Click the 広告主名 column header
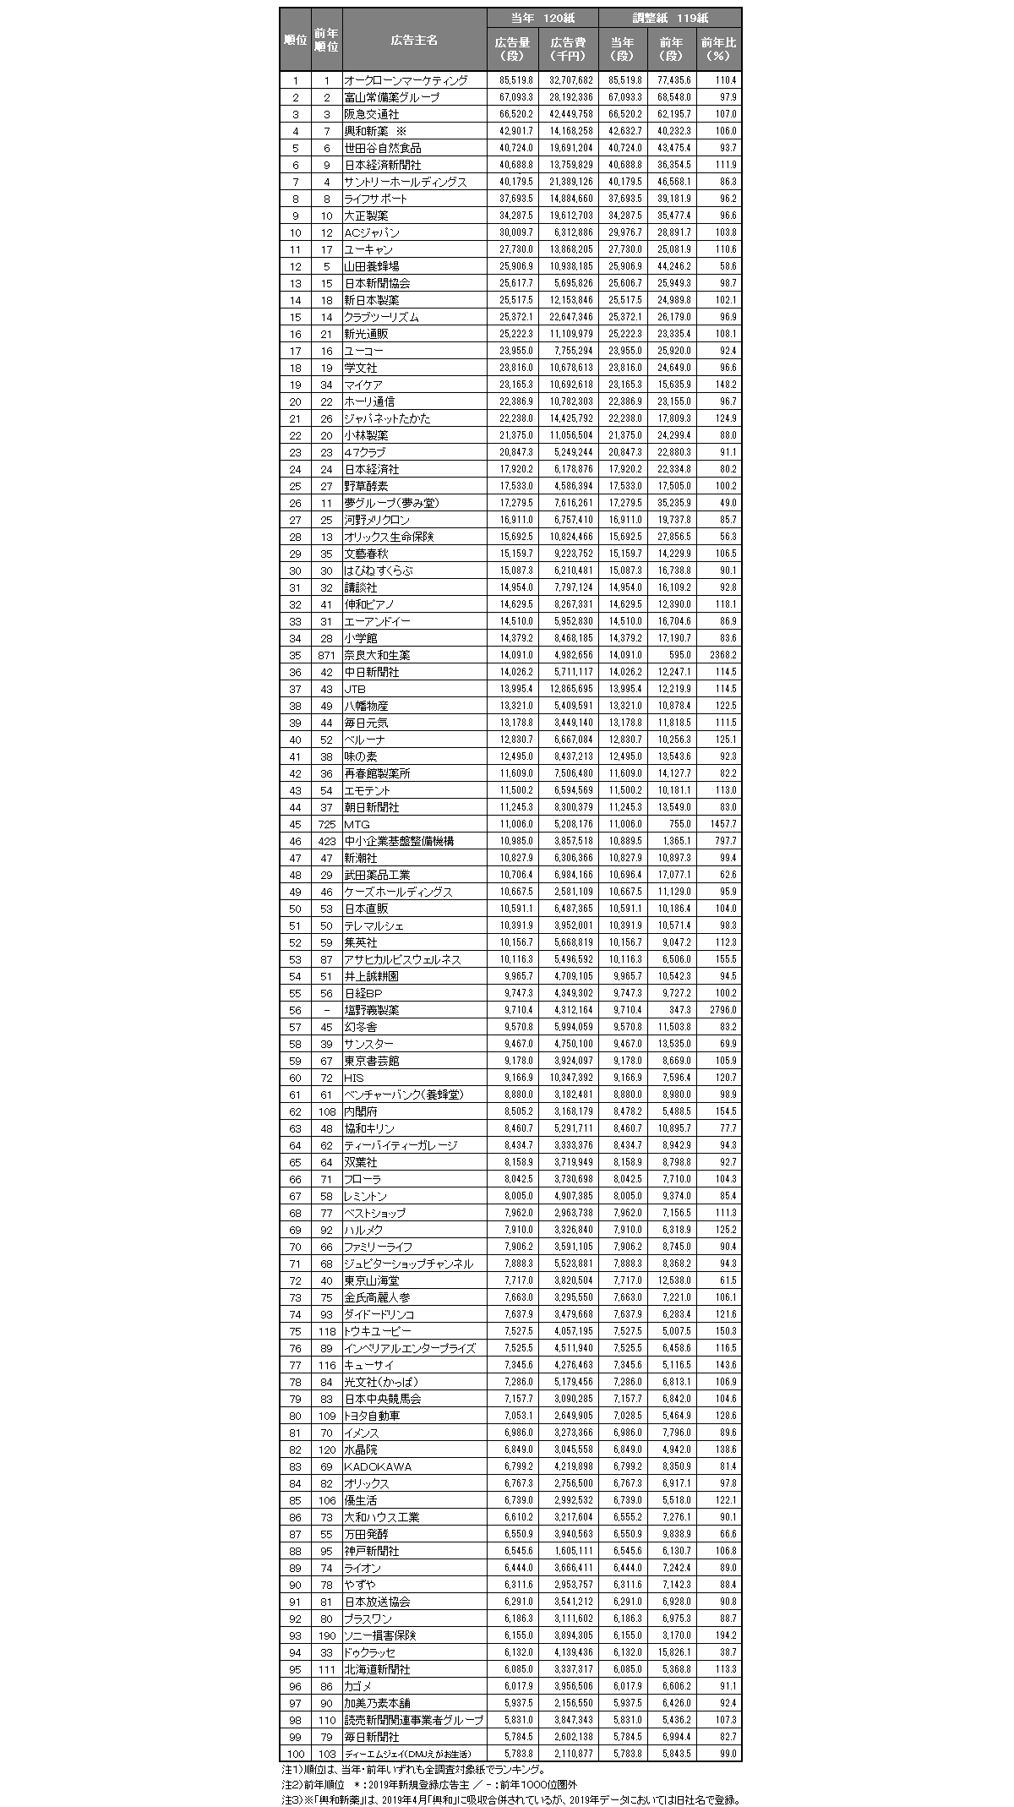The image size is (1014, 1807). pyautogui.click(x=413, y=40)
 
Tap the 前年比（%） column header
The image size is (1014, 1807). pyautogui.click(x=718, y=49)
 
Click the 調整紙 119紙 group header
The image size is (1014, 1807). pyautogui.click(x=670, y=18)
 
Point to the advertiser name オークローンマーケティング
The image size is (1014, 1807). pyautogui.click(x=406, y=80)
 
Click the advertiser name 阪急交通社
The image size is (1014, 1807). pyautogui.click(x=371, y=114)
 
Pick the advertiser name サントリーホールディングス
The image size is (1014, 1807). pyautogui.click(x=405, y=182)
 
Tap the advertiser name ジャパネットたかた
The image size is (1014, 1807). pyautogui.click(x=387, y=418)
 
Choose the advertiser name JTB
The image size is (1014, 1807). pyautogui.click(x=355, y=689)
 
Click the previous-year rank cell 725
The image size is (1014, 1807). pyautogui.click(x=326, y=824)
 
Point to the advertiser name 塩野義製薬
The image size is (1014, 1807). pyautogui.click(x=371, y=1010)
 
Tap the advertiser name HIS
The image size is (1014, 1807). pyautogui.click(x=354, y=1078)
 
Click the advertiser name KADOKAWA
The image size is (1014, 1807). pyautogui.click(x=378, y=1466)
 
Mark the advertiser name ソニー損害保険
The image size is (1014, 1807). pyautogui.click(x=379, y=1635)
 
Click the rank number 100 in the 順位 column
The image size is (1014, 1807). pyautogui.click(x=295, y=1754)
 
